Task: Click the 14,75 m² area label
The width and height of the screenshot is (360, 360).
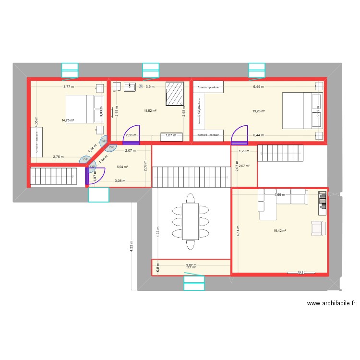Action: coord(67,120)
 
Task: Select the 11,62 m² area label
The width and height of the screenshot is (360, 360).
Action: coord(150,111)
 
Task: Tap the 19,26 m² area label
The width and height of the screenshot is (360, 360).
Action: coord(259,111)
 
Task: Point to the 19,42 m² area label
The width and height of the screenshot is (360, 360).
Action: coord(279,231)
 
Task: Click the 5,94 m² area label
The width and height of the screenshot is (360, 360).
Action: coord(122,167)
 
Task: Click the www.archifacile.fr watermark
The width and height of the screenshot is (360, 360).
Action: coord(331,303)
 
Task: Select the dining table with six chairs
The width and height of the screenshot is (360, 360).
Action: coord(190,221)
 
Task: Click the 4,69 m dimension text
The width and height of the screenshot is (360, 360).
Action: coord(279,195)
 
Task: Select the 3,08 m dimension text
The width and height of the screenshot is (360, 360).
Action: coord(120,181)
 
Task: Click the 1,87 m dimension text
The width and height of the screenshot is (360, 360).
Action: coord(170,135)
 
